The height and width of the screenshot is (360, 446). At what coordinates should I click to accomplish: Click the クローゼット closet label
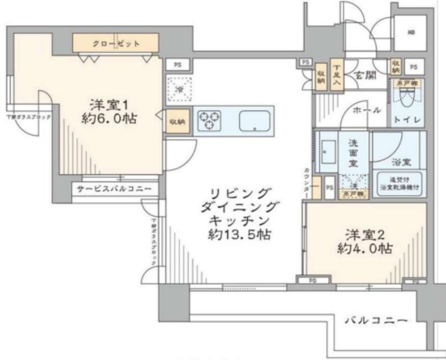116,43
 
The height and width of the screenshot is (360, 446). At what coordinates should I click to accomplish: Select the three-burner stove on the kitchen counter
208,120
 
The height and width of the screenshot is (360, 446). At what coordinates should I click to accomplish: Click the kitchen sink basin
254,121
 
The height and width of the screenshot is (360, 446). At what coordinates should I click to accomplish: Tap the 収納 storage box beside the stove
176,121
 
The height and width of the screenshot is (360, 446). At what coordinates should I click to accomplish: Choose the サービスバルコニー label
115,188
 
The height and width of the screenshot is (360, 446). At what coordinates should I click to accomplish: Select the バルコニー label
375,320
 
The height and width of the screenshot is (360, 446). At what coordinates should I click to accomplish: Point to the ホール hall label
366,110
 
